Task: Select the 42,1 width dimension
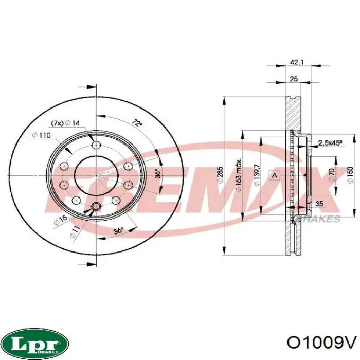point(297,62)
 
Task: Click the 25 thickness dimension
point(294,79)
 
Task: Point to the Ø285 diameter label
point(220,175)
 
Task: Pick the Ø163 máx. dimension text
point(239,175)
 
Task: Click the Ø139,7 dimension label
point(257,175)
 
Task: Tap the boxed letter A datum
point(275,175)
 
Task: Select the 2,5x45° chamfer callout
point(330,143)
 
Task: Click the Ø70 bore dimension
point(331,175)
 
